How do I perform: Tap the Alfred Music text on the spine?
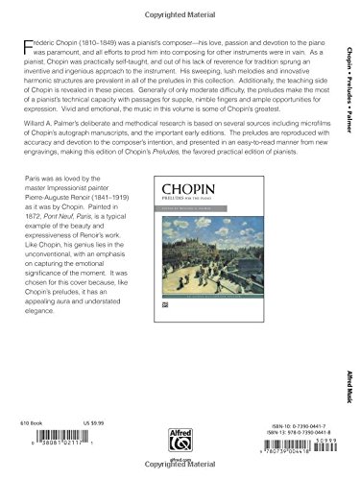click(x=348, y=399)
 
